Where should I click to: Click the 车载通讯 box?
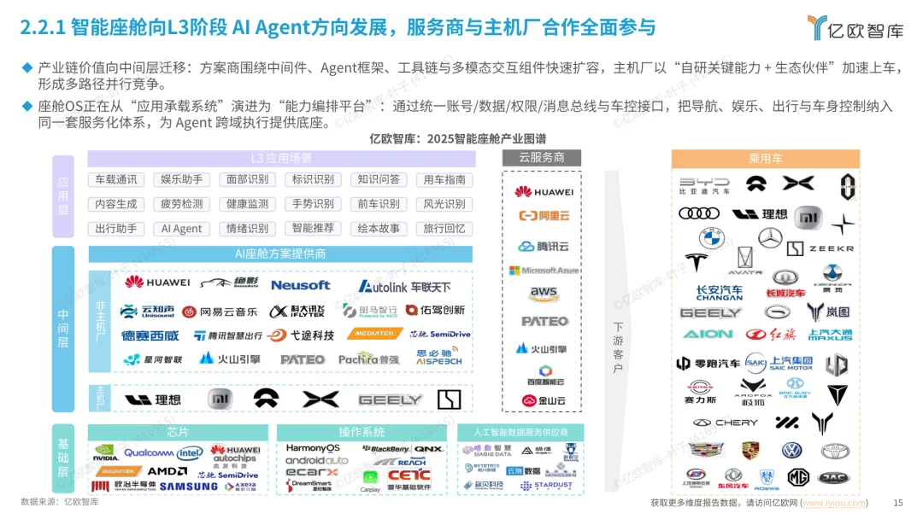[x=116, y=179]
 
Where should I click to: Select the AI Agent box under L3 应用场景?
[x=182, y=229]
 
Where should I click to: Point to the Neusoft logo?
[x=300, y=285]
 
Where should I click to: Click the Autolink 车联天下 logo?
[x=404, y=286]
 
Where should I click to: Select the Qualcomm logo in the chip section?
[x=149, y=452]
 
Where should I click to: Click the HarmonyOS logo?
[x=313, y=448]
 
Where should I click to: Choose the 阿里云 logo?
[x=543, y=216]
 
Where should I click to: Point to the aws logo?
[x=543, y=294]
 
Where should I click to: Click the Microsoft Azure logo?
[x=544, y=270]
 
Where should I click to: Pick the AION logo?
[x=708, y=334]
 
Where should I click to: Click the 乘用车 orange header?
[x=765, y=158]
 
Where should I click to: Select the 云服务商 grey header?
[x=542, y=157]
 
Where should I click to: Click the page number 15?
[x=897, y=503]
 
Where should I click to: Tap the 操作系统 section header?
[x=362, y=432]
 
